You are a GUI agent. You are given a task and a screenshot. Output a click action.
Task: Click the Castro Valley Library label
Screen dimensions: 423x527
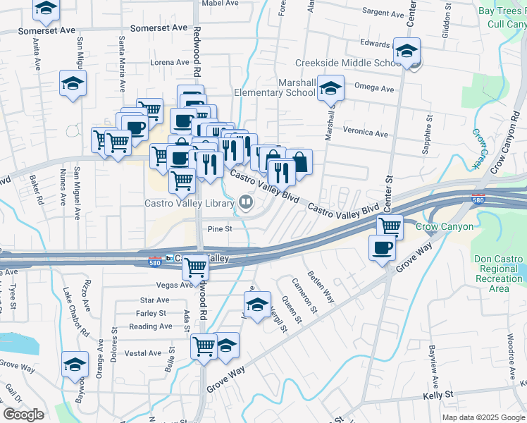(x=189, y=204)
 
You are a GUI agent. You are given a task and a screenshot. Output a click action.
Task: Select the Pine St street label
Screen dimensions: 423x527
(x=220, y=228)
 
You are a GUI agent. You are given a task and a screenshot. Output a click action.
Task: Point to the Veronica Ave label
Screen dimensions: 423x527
(x=366, y=133)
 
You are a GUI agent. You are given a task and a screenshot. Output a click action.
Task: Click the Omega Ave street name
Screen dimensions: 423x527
(x=375, y=89)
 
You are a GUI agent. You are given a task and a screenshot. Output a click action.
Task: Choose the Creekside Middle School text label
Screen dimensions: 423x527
(x=348, y=63)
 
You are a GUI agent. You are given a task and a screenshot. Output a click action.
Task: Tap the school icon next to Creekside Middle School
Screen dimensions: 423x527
(x=407, y=51)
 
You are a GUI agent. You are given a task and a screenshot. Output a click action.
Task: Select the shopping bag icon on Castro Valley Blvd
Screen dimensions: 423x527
(x=299, y=161)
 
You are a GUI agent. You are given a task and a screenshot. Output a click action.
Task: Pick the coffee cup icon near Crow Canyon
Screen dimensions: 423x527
(x=382, y=248)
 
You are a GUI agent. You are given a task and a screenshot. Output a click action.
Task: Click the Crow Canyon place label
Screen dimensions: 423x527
(x=445, y=227)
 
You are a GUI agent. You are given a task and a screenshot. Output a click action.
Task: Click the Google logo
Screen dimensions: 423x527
(x=23, y=415)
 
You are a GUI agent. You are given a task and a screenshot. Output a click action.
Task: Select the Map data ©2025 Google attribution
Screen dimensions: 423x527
(x=483, y=417)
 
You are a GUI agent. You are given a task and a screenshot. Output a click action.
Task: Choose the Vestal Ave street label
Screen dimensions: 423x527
(x=144, y=353)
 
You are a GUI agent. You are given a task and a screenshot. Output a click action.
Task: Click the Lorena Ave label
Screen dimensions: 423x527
(x=169, y=62)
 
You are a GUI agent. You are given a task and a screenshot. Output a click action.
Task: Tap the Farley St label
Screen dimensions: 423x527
(x=151, y=313)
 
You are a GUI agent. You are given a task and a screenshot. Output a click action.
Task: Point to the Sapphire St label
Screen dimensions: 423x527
(x=426, y=135)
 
